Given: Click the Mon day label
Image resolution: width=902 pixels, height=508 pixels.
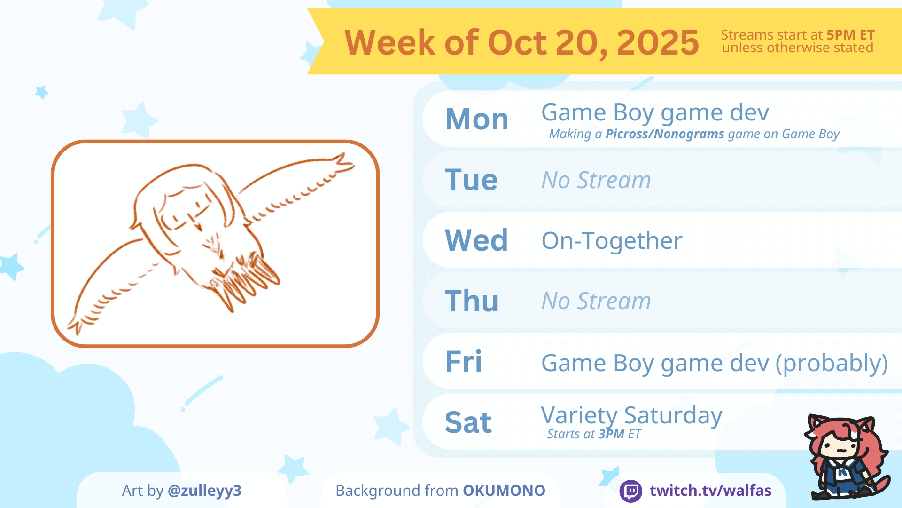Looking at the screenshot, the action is tap(477, 119).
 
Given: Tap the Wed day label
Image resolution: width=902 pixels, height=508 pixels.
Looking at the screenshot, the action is tap(476, 240).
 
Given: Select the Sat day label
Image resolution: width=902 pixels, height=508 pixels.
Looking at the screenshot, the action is tap(468, 422).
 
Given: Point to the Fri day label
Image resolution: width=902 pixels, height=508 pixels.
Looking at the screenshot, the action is tap(464, 362).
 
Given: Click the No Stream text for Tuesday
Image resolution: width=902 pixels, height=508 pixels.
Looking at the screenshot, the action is tap(596, 180).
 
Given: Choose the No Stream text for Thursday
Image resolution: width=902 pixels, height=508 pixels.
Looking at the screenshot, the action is tap(596, 301).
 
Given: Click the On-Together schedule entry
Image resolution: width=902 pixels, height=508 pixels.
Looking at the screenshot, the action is tap(612, 241).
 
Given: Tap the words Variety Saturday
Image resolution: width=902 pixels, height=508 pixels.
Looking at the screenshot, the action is tap(631, 416).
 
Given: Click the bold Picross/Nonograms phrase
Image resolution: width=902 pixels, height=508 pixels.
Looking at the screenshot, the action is tap(665, 134).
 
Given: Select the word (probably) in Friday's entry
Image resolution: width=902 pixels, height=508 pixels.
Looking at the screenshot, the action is tap(832, 364).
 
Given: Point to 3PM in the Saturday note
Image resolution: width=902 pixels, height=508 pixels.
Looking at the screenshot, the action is tap(611, 434).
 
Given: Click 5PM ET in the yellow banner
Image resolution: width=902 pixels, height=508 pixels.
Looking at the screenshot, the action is tap(850, 35).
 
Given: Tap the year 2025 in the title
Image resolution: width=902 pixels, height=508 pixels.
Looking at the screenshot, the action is tap(658, 42).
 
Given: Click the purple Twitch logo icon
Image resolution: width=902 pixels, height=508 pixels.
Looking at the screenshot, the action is tap(631, 491).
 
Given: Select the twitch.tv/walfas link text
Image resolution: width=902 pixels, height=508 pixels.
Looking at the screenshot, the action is tap(710, 491).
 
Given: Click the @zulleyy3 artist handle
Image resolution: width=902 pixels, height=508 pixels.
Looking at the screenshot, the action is tap(204, 491).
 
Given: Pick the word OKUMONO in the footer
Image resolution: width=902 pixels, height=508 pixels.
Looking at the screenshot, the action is tap(504, 491).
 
